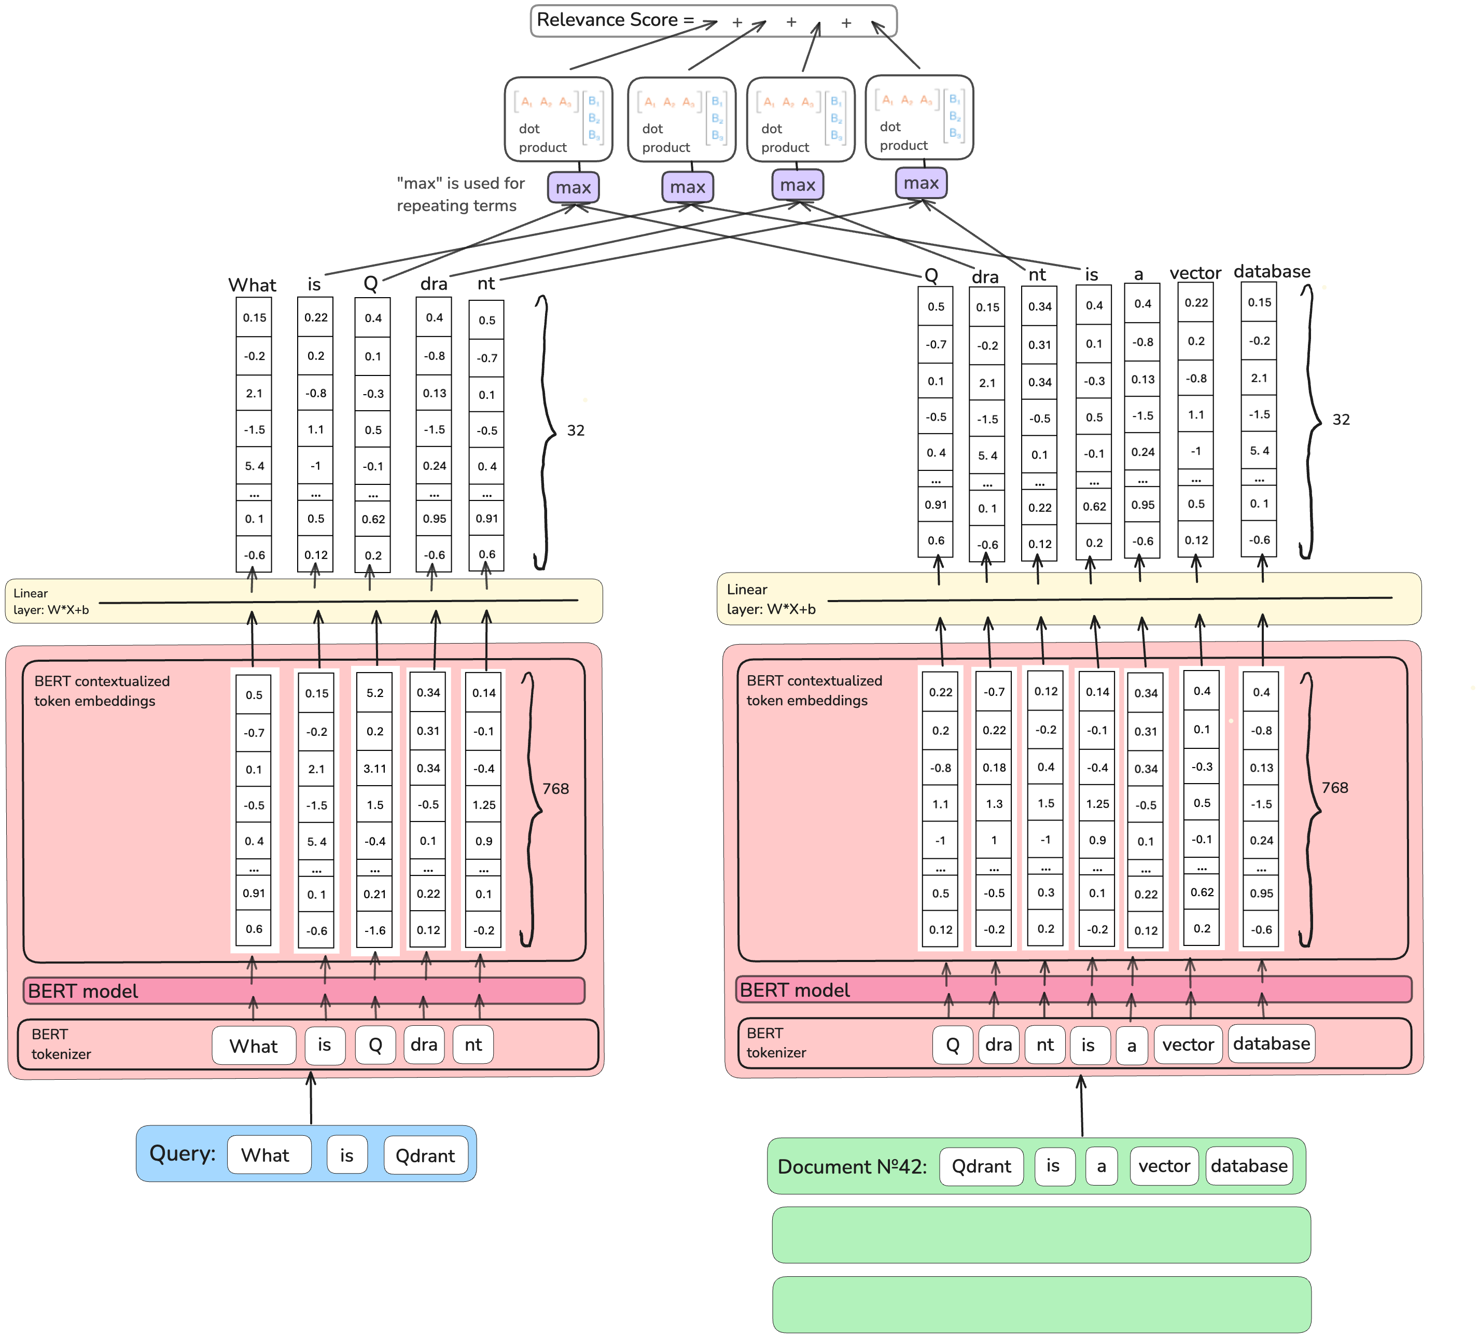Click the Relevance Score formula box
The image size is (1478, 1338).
[713, 21]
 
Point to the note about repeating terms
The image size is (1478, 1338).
[461, 194]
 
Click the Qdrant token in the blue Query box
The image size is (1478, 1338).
[425, 1155]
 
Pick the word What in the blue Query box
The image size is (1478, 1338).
[266, 1155]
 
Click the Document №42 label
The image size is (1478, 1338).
[852, 1166]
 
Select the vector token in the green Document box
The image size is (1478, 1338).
[1164, 1166]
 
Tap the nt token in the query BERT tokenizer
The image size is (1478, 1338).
[473, 1045]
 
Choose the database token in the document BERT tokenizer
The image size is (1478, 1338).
[1271, 1043]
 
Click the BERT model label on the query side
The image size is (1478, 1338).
[83, 991]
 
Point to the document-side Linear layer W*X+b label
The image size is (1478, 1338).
[771, 599]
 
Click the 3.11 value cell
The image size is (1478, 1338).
[374, 769]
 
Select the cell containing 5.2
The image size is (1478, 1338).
[374, 693]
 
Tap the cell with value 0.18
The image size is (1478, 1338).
[994, 768]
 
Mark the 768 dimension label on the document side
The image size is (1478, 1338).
[1334, 787]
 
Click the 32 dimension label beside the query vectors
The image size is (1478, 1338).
[576, 430]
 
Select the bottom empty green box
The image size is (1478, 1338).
[1041, 1304]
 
